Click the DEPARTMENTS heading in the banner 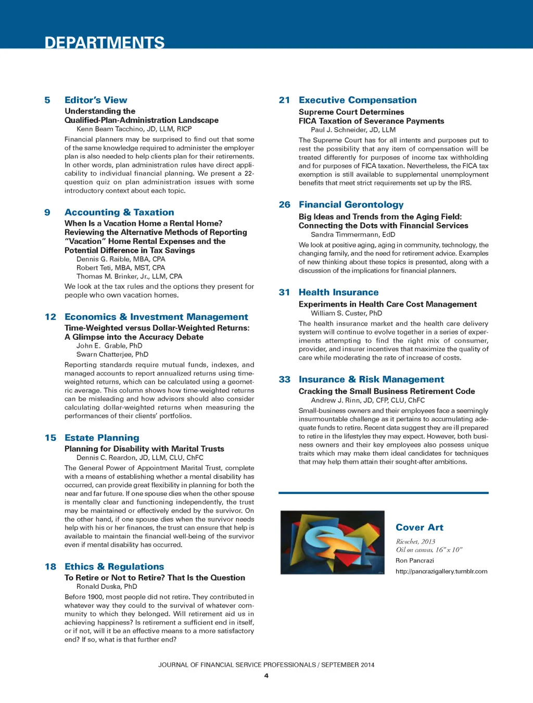click(x=105, y=42)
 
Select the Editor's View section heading click(x=96, y=100)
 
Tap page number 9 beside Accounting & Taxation click(x=47, y=212)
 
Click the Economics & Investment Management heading click(x=156, y=317)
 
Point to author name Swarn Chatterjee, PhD click(x=112, y=354)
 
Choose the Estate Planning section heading click(x=102, y=438)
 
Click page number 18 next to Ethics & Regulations click(x=50, y=566)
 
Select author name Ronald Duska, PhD click(x=107, y=586)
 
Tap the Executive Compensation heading click(x=358, y=100)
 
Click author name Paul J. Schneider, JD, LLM click(x=353, y=130)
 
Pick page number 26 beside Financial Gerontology click(x=285, y=205)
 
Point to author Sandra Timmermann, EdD click(x=353, y=235)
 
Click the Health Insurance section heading click(x=338, y=292)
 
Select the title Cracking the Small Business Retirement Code click(x=387, y=391)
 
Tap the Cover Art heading click(x=420, y=527)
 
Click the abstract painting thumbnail click(x=333, y=542)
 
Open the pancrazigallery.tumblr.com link click(x=441, y=571)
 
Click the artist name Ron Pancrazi click(x=415, y=561)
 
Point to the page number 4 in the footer click(x=266, y=676)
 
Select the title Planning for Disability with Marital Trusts click(x=144, y=449)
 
